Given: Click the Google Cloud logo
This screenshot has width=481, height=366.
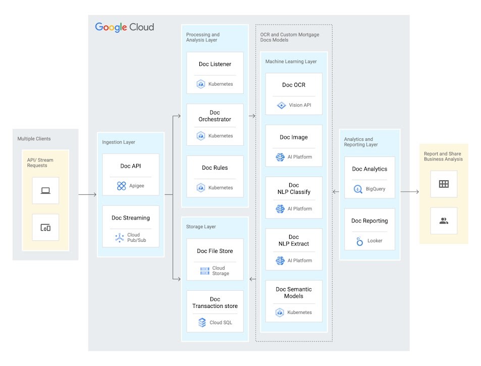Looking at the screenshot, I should [124, 27].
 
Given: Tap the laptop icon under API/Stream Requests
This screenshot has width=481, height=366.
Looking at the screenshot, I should [45, 190].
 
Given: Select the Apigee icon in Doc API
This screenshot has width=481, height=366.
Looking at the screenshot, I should [121, 186].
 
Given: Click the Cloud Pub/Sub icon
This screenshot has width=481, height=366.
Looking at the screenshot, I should [119, 237].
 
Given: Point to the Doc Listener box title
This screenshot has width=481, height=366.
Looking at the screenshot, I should [215, 64].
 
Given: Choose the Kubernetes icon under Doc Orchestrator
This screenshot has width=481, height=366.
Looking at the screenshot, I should [201, 136].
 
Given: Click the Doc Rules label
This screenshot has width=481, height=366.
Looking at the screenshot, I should [215, 168].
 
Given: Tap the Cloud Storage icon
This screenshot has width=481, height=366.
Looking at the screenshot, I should [205, 271].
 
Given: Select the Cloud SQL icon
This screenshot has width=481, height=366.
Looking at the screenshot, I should [202, 323].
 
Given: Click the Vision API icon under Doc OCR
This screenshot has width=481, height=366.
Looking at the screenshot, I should [281, 106].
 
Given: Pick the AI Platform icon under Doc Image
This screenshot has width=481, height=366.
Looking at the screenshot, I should [280, 157].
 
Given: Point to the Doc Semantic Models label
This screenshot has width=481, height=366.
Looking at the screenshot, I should [294, 293].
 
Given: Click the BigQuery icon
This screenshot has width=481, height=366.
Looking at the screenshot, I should [358, 189].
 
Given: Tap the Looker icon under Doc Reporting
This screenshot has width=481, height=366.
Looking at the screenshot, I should [359, 241].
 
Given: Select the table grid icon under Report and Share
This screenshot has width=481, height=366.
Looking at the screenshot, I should [444, 184].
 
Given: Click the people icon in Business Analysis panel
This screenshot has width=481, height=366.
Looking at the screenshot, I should [444, 221].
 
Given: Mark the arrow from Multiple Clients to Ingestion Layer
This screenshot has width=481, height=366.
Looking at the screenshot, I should [87, 194].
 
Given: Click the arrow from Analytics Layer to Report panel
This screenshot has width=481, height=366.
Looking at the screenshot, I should [409, 192].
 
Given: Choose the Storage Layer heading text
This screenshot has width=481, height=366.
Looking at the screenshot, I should [201, 227].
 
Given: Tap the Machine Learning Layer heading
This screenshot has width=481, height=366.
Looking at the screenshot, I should [291, 62].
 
